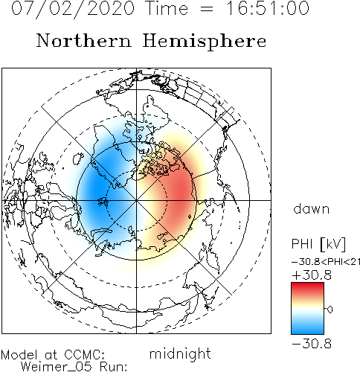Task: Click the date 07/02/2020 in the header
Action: tap(73, 9)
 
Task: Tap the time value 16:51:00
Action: tap(268, 8)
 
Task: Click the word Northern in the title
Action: tap(84, 41)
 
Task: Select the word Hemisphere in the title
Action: tap(205, 42)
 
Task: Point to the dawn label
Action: tap(312, 208)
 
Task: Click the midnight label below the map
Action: tap(180, 354)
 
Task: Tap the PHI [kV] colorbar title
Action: tap(318, 244)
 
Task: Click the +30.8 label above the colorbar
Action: tap(312, 275)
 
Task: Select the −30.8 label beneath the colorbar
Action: tap(312, 344)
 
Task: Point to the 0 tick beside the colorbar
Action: tap(330, 310)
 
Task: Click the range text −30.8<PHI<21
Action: tap(326, 262)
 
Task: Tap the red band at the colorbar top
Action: tap(307, 288)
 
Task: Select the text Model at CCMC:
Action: tap(53, 355)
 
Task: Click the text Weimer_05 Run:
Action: tap(74, 367)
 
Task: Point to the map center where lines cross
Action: tap(136, 200)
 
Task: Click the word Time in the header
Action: tap(167, 8)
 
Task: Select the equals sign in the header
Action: tap(206, 9)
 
